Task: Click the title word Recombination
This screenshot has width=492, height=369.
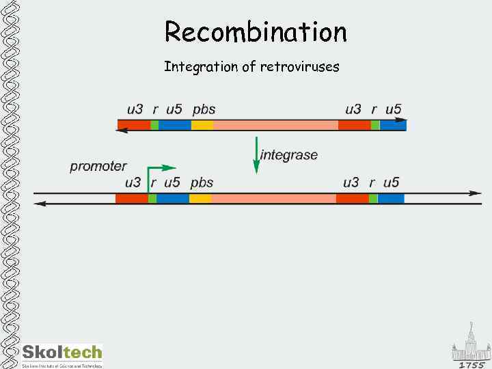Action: coord(256,31)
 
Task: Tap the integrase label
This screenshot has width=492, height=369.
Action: coord(289,155)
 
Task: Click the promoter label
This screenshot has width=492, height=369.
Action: coord(98,166)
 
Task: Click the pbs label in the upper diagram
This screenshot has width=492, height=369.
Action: coord(204,109)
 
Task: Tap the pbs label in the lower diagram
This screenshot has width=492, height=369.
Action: coord(202,182)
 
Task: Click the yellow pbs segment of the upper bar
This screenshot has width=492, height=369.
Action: coord(202,125)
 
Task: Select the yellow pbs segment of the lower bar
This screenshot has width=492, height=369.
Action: coord(200,198)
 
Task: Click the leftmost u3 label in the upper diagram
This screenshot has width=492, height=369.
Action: coord(135,109)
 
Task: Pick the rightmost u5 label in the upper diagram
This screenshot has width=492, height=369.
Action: coord(394,109)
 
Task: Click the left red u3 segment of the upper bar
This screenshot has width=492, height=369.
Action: coord(135,125)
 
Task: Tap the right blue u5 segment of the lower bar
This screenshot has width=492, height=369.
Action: coord(391,198)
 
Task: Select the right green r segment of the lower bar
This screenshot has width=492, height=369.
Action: coord(373,198)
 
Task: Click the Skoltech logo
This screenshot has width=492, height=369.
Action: coord(62,354)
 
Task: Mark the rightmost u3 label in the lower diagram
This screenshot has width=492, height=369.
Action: coord(351,182)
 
